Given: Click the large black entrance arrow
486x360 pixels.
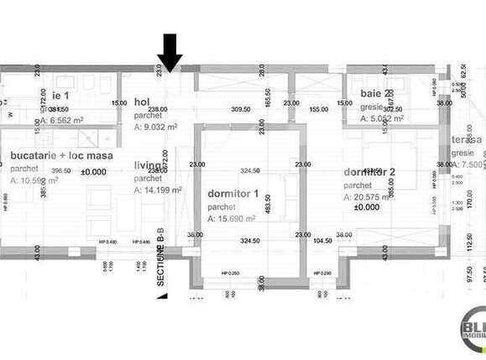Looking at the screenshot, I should tap(170, 52).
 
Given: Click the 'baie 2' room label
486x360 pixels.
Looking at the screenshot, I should tap(375, 94).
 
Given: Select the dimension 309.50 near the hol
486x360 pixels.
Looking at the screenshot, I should tap(242, 109).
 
